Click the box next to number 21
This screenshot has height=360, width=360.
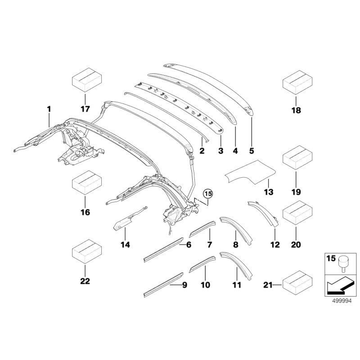297,284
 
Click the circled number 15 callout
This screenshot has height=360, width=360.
208,194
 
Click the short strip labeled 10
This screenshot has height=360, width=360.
200,264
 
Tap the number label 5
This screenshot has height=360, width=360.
251,151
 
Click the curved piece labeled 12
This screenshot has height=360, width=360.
265,214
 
